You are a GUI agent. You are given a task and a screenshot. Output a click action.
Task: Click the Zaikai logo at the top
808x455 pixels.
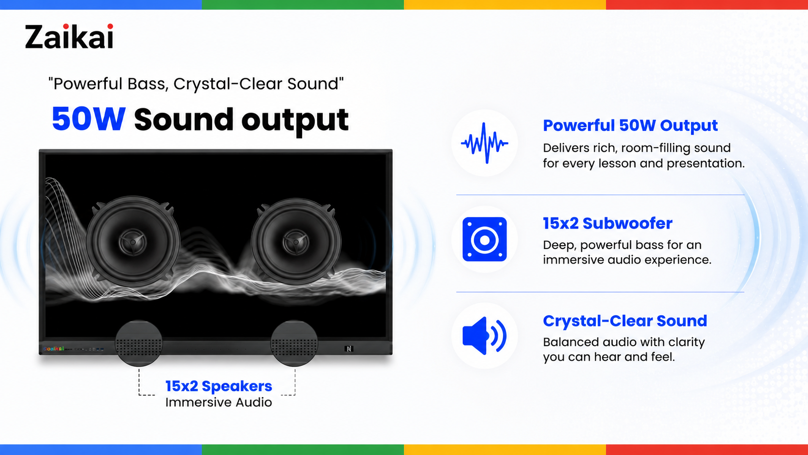pyautogui.click(x=69, y=36)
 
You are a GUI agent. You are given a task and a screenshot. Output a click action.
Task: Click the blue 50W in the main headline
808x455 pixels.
pyautogui.click(x=89, y=119)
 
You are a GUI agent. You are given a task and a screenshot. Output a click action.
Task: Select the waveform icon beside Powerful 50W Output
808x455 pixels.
pyautogui.click(x=484, y=143)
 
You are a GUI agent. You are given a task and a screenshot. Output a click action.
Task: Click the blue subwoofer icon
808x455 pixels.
pyautogui.click(x=484, y=239)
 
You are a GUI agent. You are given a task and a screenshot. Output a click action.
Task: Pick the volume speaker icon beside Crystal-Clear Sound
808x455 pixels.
pyautogui.click(x=484, y=336)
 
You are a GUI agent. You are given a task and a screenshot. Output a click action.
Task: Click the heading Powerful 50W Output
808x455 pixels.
pyautogui.click(x=630, y=126)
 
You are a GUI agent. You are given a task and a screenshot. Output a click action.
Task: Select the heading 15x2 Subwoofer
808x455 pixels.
pyautogui.click(x=607, y=223)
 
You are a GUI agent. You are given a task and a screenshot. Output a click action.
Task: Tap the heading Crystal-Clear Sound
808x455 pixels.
pyautogui.click(x=625, y=321)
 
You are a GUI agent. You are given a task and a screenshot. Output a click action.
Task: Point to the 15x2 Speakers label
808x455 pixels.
pyautogui.click(x=218, y=386)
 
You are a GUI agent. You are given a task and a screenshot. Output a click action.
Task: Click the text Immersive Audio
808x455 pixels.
pyautogui.click(x=218, y=402)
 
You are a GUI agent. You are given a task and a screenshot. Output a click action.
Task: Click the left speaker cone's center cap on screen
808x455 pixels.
pyautogui.click(x=133, y=242)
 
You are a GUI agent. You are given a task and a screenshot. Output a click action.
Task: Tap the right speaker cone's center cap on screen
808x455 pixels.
pyautogui.click(x=296, y=242)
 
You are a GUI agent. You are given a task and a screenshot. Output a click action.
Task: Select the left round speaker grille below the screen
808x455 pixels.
pyautogui.click(x=139, y=343)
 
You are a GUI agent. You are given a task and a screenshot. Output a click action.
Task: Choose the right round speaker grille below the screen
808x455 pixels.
pyautogui.click(x=294, y=343)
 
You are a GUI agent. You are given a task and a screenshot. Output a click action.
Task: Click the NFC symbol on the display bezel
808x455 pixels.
pyautogui.click(x=349, y=349)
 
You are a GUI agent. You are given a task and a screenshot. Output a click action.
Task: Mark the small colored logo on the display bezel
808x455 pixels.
pyautogui.click(x=53, y=349)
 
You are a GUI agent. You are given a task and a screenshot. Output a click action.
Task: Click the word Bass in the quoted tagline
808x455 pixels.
pyautogui.click(x=148, y=84)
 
